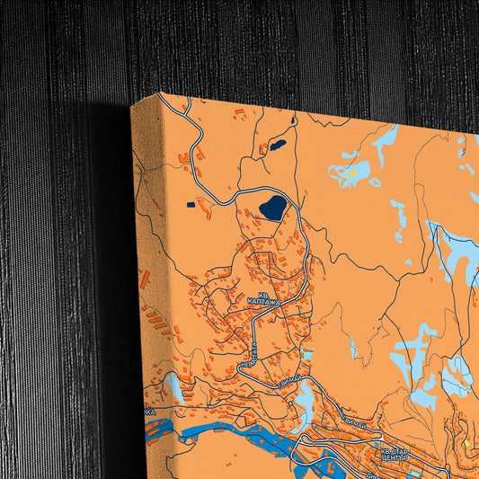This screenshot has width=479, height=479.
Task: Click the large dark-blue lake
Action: tap(272, 208)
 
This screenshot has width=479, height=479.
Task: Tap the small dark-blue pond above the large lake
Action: tap(279, 143)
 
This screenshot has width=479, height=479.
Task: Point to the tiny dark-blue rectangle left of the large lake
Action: tap(191, 205)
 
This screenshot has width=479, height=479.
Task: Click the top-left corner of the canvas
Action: tap(133, 104)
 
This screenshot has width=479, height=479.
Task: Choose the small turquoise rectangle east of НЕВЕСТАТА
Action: tap(306, 355)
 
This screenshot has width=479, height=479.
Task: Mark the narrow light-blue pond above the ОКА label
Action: tap(176, 388)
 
